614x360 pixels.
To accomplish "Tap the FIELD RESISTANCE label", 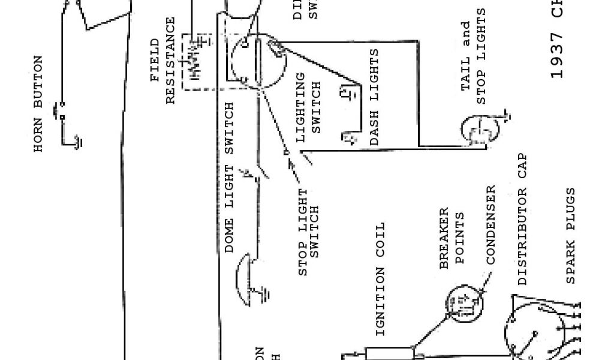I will (x=163, y=61).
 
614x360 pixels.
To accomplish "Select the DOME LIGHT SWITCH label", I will (x=230, y=178).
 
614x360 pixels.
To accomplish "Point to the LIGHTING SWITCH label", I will (x=309, y=107).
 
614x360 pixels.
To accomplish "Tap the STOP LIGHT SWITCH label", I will (x=310, y=233).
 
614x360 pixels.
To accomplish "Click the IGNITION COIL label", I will (x=380, y=279).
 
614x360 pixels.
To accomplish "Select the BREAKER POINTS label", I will (x=453, y=236).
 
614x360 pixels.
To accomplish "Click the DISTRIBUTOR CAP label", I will (x=522, y=220).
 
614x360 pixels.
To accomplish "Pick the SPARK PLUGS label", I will (x=570, y=236).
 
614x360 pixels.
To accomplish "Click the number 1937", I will (x=557, y=58).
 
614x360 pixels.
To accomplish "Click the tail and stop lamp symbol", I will (x=480, y=129).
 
